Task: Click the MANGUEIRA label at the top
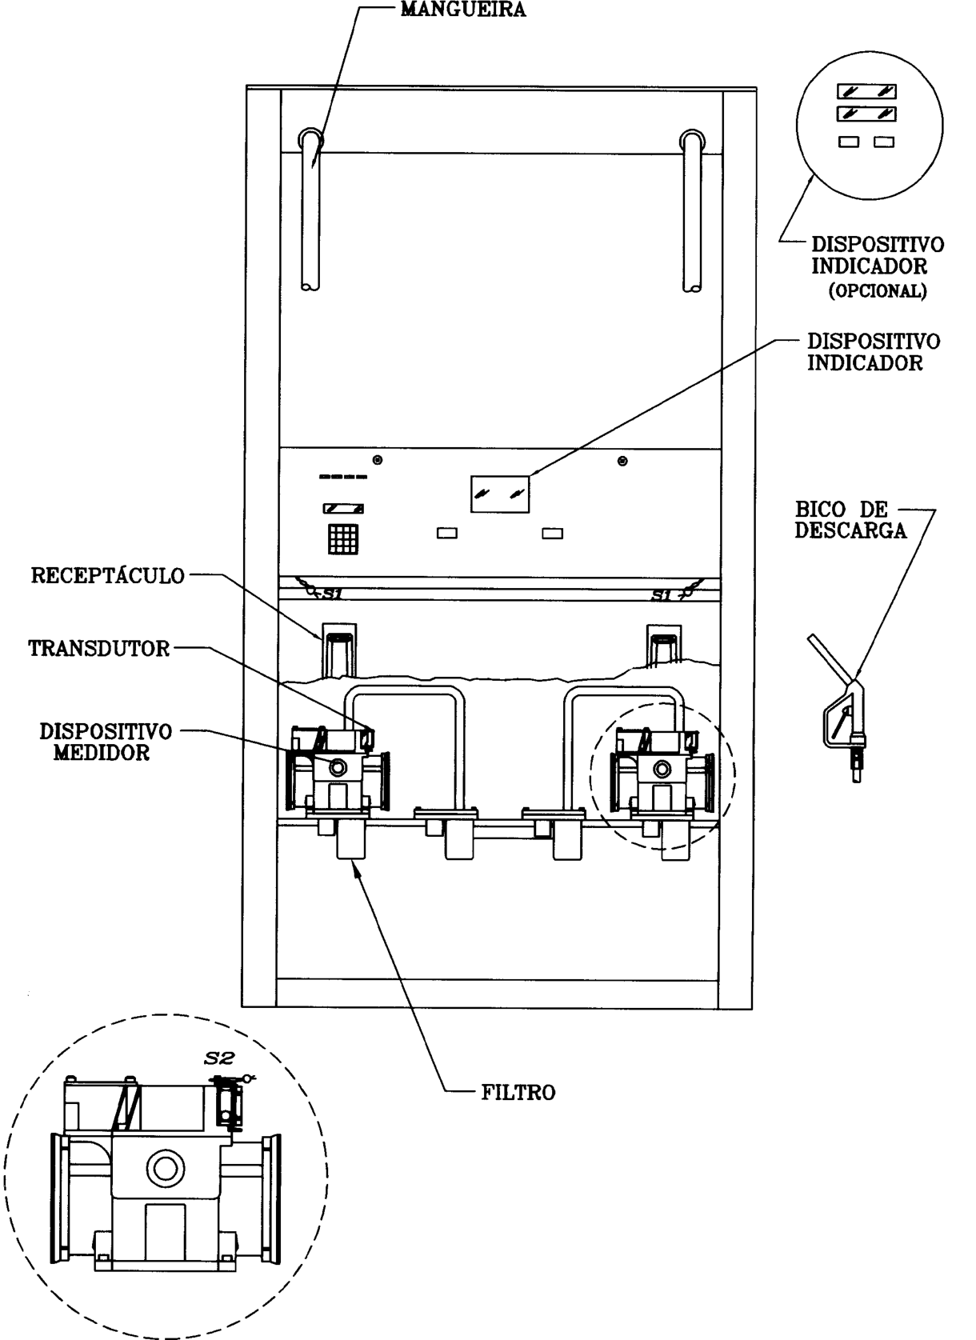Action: [x=463, y=10]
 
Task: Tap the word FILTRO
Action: [x=518, y=1093]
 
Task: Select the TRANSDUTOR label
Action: [x=99, y=649]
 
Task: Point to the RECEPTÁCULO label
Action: [x=108, y=575]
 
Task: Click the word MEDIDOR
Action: [x=102, y=753]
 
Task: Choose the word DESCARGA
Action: [x=850, y=530]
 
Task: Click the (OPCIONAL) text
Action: [x=878, y=290]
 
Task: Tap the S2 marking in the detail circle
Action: [x=218, y=1058]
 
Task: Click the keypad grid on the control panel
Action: [x=342, y=539]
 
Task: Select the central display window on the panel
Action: [x=500, y=494]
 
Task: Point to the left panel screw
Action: [x=378, y=460]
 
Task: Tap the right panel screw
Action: [x=622, y=461]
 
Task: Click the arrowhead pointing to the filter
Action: [x=357, y=874]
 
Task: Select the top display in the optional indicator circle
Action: [x=866, y=91]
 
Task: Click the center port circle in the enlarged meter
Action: [x=165, y=1168]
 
